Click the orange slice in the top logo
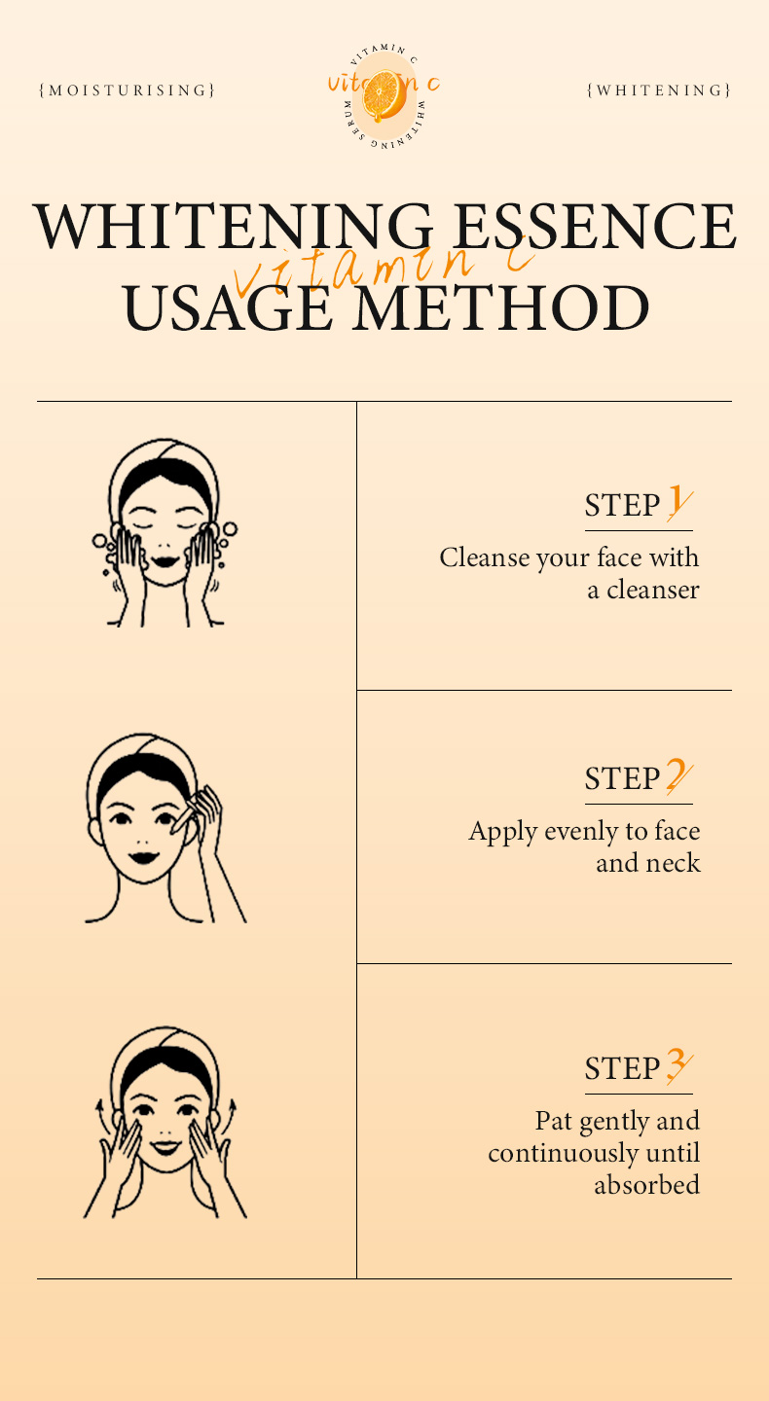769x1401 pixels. coord(383,95)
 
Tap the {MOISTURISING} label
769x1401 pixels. coord(127,90)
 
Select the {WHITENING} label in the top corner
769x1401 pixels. coord(659,90)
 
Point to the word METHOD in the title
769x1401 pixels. coord(500,307)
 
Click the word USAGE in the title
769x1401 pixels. coord(228,307)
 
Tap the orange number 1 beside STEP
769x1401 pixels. coord(679,503)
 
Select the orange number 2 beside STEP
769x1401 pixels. coord(678,775)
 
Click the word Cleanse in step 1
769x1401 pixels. coord(484,557)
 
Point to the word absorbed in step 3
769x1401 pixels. coord(647,1184)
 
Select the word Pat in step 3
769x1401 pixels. coord(554,1120)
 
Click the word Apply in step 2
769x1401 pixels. coord(503,833)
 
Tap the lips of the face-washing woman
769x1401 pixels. coord(165,561)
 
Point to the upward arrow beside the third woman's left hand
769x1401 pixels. coord(98,1113)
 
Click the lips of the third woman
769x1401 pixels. coord(165,1146)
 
